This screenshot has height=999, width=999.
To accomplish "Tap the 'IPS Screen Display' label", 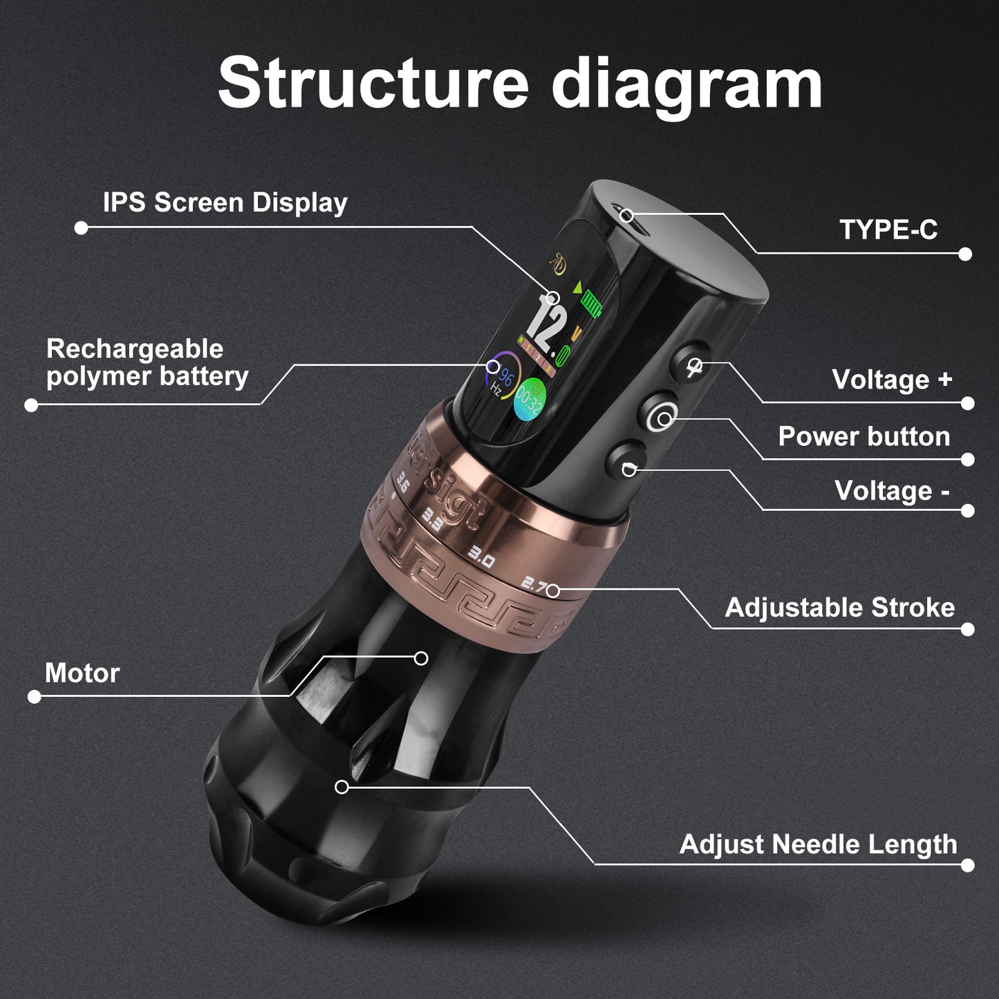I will [x=225, y=203].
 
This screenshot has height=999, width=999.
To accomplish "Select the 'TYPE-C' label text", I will [x=888, y=229].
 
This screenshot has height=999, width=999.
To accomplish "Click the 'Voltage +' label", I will [x=892, y=379].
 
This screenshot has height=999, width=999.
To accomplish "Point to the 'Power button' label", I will [x=863, y=436].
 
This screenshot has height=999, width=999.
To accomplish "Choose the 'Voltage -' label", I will [x=892, y=491].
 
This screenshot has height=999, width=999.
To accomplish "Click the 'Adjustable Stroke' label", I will [x=839, y=607].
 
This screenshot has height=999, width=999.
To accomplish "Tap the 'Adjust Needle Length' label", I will [x=818, y=843].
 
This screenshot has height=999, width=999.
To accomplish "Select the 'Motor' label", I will [x=82, y=672].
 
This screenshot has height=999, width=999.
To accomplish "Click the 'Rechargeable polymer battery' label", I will [x=147, y=363].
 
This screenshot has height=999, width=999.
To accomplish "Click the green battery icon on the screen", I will [x=592, y=303].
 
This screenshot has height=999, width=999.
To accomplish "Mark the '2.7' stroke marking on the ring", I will [x=534, y=586].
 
